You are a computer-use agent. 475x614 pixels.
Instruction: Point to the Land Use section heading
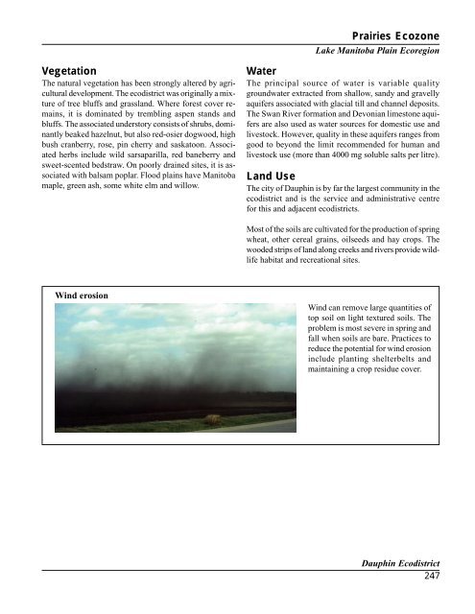click(x=273, y=177)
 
